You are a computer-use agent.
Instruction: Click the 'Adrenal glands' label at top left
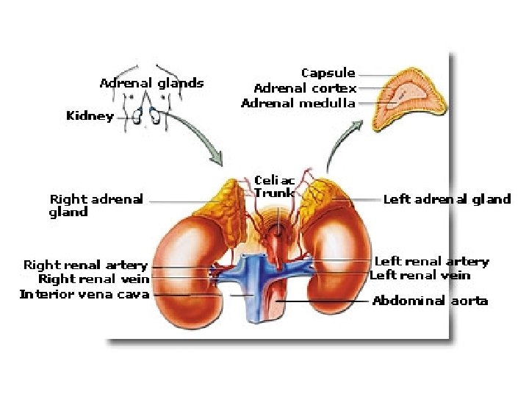(151, 83)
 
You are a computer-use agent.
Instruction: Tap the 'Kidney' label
(90, 116)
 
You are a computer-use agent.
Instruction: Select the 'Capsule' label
(328, 74)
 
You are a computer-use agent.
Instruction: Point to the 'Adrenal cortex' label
(305, 88)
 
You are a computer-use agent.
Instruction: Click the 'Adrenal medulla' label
(298, 104)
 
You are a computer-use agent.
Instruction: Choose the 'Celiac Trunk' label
(274, 187)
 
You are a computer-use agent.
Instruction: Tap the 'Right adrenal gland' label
(96, 206)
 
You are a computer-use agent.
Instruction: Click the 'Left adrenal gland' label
(447, 199)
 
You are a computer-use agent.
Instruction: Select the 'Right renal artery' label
(85, 265)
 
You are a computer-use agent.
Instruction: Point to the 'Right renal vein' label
(93, 279)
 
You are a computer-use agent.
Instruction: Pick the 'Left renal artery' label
(431, 262)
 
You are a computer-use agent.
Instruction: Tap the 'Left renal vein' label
(420, 276)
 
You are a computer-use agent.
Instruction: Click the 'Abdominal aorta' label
(430, 301)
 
